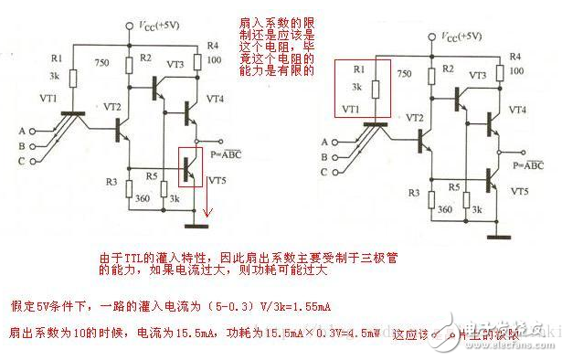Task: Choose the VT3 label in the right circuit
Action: pyautogui.click(x=477, y=74)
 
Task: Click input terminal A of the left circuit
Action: pyautogui.click(x=33, y=131)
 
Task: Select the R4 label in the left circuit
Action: pyautogui.click(x=213, y=44)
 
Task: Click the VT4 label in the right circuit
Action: pyautogui.click(x=517, y=110)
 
